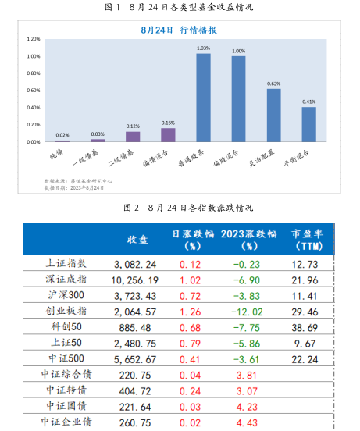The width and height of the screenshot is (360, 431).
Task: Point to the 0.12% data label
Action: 133,126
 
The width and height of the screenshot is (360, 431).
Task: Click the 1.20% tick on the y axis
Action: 33,39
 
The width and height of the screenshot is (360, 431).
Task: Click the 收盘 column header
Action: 137,239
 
